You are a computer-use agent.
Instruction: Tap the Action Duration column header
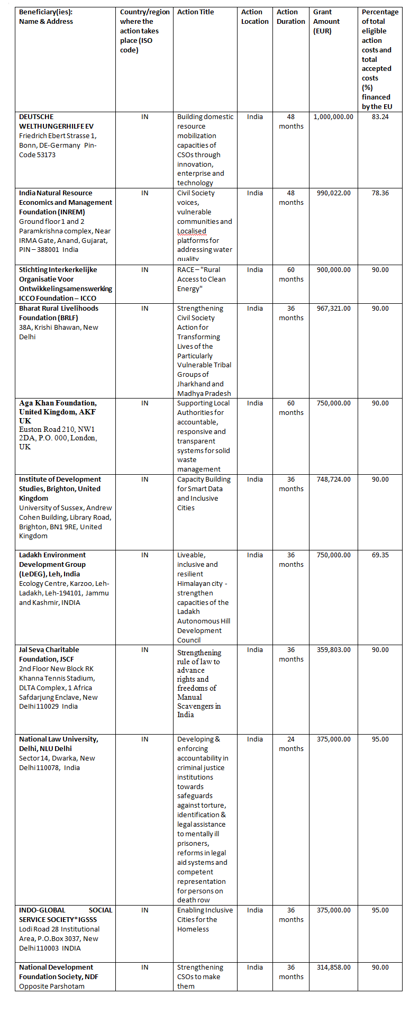tap(291, 17)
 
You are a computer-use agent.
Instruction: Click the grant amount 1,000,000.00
tap(333, 117)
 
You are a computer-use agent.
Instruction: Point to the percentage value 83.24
tap(380, 117)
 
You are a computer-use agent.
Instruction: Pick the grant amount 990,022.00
tap(333, 193)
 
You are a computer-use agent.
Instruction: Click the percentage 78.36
tap(380, 193)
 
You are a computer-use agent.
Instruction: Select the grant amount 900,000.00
tap(333, 270)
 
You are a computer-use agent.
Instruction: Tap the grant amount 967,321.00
tap(333, 309)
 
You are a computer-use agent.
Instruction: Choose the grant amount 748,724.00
tap(333, 480)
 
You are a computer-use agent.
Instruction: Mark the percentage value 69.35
tap(380, 555)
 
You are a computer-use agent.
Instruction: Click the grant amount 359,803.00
tap(333, 650)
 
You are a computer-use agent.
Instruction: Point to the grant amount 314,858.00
tap(333, 967)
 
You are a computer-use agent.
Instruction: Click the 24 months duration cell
tap(291, 744)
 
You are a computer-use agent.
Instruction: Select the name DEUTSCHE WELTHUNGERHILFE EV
tap(56, 122)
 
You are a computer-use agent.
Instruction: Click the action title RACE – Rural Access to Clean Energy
tap(202, 279)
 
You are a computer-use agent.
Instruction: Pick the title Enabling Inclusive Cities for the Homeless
tap(204, 920)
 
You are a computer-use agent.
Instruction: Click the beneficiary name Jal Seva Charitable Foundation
tap(49, 655)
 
